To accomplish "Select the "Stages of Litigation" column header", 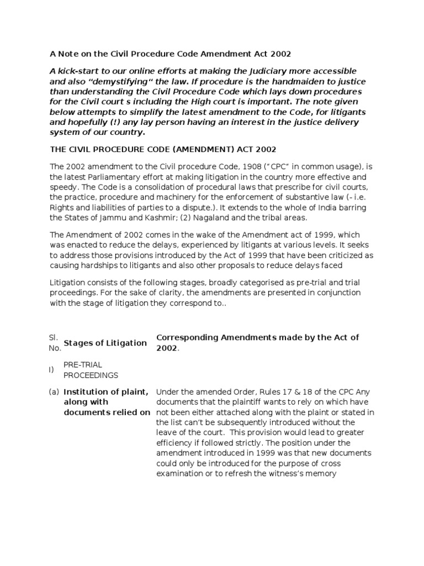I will click(105, 343).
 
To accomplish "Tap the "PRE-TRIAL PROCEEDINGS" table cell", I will click(91, 370).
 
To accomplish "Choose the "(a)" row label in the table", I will click(54, 391).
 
